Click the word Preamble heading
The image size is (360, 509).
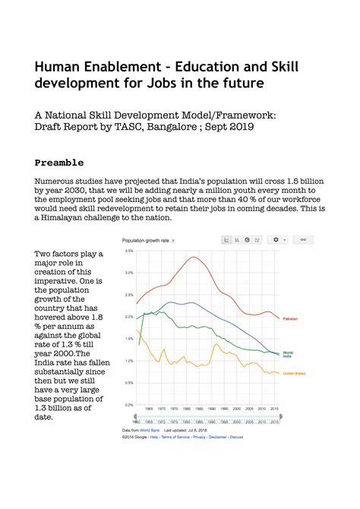coord(59,163)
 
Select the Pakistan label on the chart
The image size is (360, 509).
coord(290,319)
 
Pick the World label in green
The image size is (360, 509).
coord(288,353)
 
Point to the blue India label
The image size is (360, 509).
coord(287,356)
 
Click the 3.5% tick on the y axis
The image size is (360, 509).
coord(129,251)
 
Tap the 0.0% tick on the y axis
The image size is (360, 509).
coord(129,405)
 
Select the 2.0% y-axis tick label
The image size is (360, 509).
coord(129,317)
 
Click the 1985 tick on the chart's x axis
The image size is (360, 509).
coord(199,409)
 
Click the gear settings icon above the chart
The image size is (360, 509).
coord(276,240)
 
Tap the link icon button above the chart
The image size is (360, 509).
coord(302,240)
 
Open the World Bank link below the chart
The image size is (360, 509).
coord(148,430)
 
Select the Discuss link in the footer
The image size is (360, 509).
coord(236,437)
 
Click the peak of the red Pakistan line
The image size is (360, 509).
coord(194,257)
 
